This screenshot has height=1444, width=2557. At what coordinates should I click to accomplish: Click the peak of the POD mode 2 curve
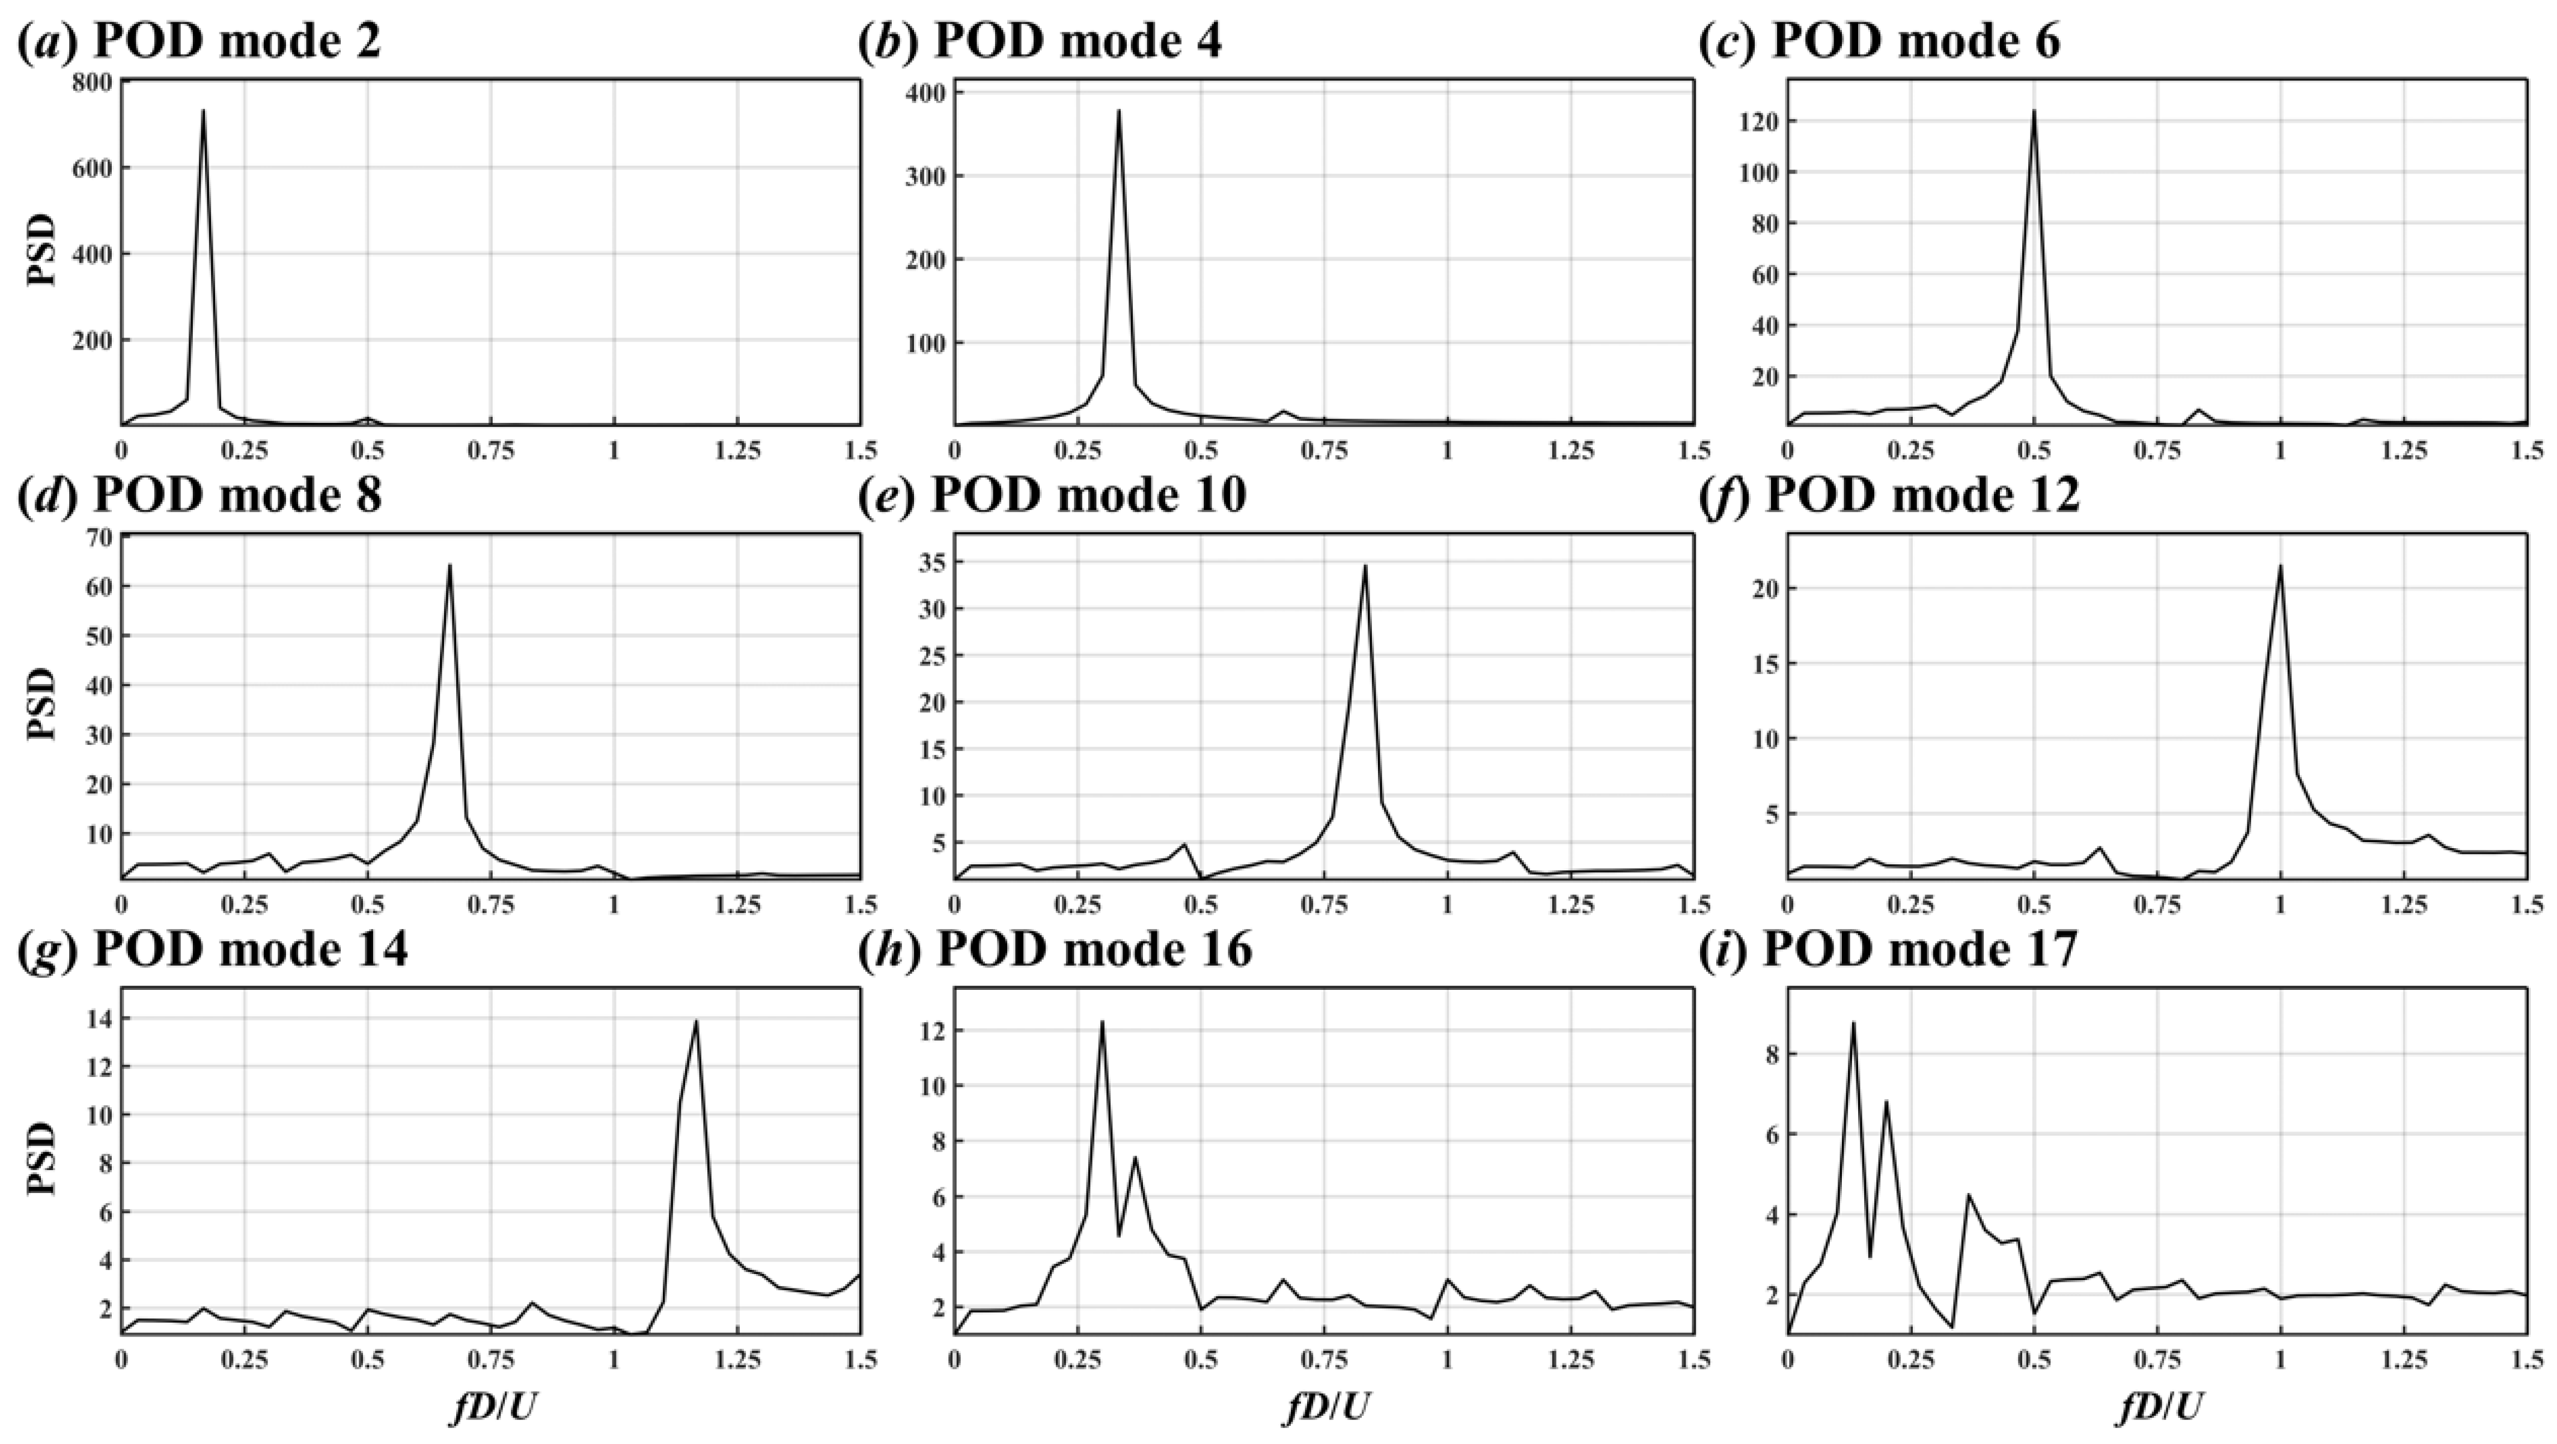tap(204, 111)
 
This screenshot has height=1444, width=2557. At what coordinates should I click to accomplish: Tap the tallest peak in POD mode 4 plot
tap(1119, 110)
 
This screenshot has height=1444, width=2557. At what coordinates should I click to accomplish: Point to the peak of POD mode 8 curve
tap(450, 566)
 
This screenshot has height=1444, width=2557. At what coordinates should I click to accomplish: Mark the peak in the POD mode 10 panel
tap(1365, 566)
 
